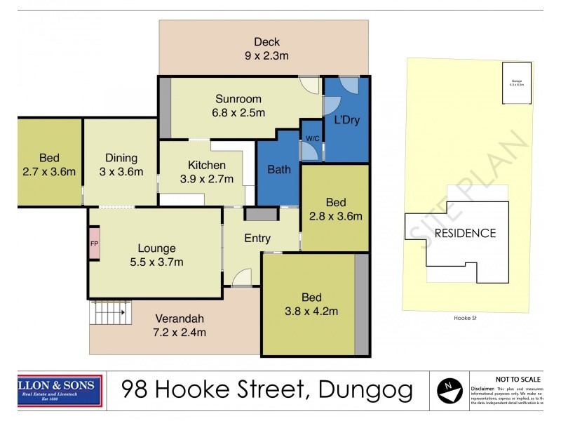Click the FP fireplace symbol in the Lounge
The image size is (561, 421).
click(x=93, y=243)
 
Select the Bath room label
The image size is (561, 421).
click(x=279, y=169)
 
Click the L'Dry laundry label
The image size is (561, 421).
click(x=346, y=120)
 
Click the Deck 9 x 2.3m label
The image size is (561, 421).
click(x=266, y=48)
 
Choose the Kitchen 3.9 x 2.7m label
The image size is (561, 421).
click(x=206, y=172)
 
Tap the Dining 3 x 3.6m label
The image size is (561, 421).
click(x=121, y=165)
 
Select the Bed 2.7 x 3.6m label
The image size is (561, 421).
click(x=49, y=165)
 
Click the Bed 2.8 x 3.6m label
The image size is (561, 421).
click(x=335, y=210)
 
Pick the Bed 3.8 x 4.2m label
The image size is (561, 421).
click(x=312, y=303)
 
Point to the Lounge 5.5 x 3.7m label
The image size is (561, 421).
click(x=156, y=255)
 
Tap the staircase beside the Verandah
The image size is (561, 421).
click(x=111, y=312)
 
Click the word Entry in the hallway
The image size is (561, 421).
click(x=257, y=239)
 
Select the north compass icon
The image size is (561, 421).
click(x=449, y=389)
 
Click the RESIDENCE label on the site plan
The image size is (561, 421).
click(x=464, y=234)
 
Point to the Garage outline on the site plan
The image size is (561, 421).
click(x=516, y=83)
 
